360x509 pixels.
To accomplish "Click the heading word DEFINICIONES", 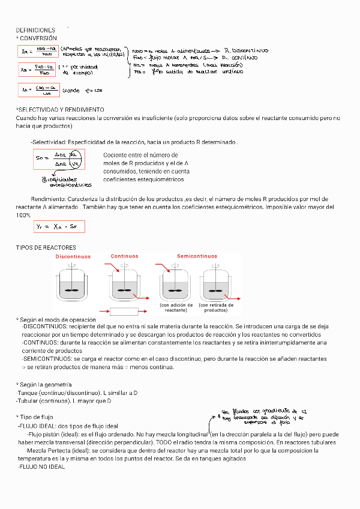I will (35, 30).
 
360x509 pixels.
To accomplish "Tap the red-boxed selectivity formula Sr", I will (59, 159).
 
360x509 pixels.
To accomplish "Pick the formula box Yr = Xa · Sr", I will (59, 227).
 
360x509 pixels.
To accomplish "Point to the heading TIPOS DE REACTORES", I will (46, 247).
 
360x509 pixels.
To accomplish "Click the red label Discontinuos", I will (73, 256).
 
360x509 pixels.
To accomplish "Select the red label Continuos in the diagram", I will (124, 256).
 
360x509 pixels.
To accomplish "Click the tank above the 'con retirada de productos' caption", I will (216, 285).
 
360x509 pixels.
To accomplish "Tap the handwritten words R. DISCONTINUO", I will (245, 51).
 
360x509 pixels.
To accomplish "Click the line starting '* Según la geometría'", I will (44, 384).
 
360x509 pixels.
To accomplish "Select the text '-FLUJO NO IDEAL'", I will (41, 466).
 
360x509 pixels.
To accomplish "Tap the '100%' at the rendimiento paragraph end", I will (23, 214).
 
